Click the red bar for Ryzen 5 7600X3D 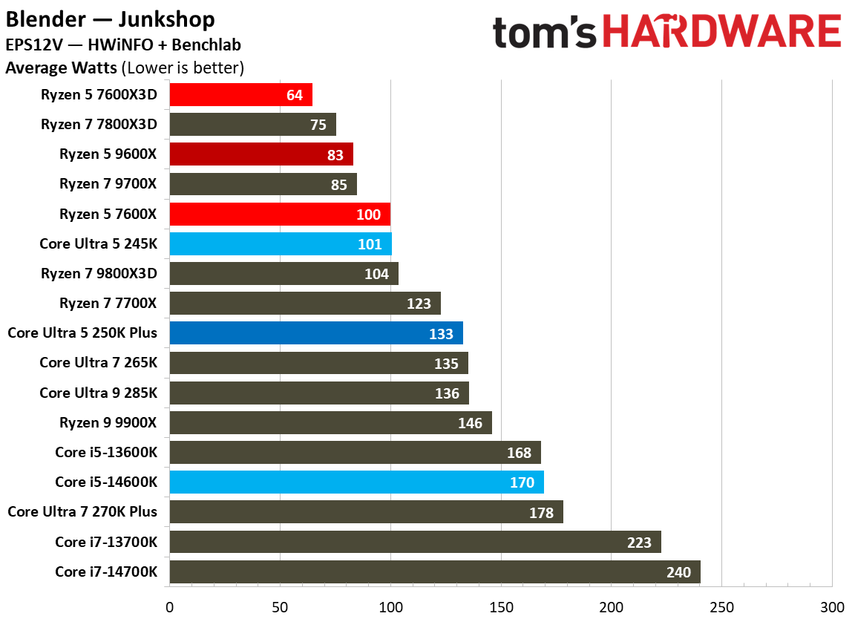click(x=240, y=95)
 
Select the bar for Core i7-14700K click(x=435, y=572)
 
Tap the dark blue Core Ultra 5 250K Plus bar click(x=316, y=333)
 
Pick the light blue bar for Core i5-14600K click(x=356, y=482)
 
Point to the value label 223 click(x=639, y=543)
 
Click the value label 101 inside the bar click(x=370, y=244)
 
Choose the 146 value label click(x=470, y=423)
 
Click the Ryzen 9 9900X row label click(x=108, y=422)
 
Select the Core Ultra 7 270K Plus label click(x=82, y=511)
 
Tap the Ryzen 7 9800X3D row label click(x=99, y=273)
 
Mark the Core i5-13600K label click(x=106, y=452)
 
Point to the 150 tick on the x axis click(x=501, y=606)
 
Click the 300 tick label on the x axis click(x=831, y=606)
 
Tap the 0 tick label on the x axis click(x=170, y=606)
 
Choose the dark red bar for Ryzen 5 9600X click(x=261, y=154)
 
